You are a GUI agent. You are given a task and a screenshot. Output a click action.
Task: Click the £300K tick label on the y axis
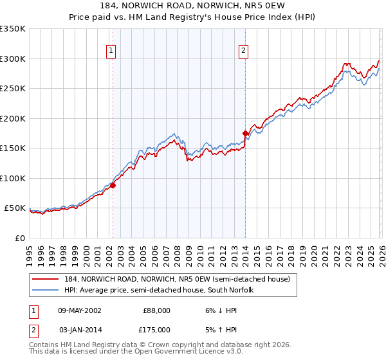(x=12, y=59)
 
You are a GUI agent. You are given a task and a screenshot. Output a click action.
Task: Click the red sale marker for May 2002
(x=113, y=185)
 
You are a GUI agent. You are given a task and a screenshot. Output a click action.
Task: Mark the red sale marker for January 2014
(x=246, y=133)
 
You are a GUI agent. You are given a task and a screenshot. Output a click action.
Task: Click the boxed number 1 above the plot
(x=111, y=50)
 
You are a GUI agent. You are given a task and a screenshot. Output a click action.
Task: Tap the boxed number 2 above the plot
(x=244, y=50)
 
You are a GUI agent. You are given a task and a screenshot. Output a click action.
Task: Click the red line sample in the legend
(x=46, y=279)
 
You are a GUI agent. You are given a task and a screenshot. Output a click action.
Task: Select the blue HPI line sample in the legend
(x=46, y=290)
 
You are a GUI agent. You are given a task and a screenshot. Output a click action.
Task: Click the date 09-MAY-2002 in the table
(x=79, y=310)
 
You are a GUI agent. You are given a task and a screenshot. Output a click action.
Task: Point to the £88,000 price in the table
(x=156, y=310)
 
